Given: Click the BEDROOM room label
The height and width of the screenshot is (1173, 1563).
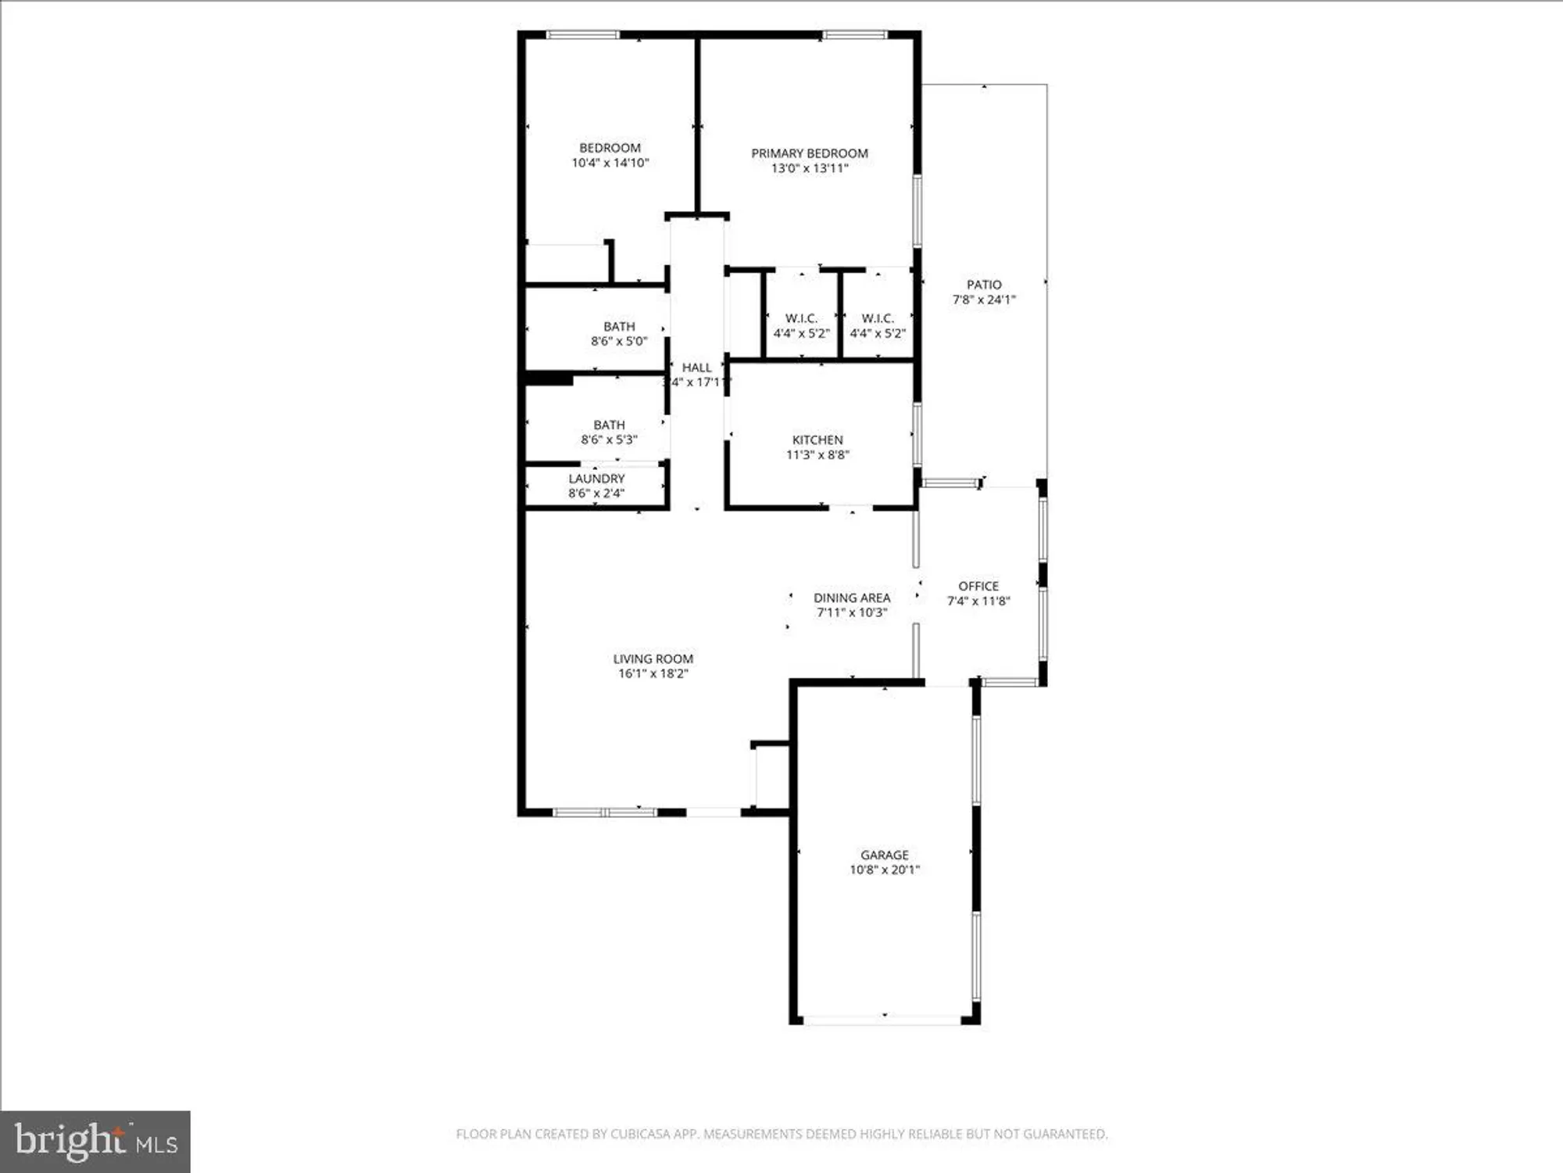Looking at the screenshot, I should tap(610, 148).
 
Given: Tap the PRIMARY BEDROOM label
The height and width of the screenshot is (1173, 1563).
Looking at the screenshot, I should tap(810, 153).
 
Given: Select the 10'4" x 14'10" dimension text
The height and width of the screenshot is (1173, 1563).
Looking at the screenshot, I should tap(610, 163).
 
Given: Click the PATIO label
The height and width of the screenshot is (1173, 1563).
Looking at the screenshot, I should tap(984, 285).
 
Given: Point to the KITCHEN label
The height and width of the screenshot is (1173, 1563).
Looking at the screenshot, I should tap(817, 439).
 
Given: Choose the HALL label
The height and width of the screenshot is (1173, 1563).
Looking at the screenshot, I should tap(696, 368).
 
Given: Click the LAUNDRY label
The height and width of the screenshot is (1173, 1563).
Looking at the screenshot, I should tap(596, 479).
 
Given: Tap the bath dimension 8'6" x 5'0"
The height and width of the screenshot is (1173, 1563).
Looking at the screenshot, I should tap(619, 341).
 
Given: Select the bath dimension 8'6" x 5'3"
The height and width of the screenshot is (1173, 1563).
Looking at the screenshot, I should tap(609, 439).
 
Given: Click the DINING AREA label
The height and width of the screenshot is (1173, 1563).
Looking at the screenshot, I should tap(852, 597).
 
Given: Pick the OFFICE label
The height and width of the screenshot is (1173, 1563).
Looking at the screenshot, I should tap(978, 586).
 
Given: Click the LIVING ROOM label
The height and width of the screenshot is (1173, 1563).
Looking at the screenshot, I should tap(653, 658).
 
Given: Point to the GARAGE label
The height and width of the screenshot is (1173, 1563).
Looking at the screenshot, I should tap(885, 855).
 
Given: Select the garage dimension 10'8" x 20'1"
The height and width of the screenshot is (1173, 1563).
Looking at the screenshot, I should tap(885, 870).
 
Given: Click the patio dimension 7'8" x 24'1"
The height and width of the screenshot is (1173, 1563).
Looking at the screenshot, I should tap(984, 300).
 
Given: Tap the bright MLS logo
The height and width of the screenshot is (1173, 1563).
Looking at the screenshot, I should tap(95, 1142).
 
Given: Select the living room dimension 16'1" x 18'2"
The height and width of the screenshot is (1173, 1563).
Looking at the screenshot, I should tap(653, 673).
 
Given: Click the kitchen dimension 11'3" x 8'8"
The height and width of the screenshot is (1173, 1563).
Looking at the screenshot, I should tap(817, 454).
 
